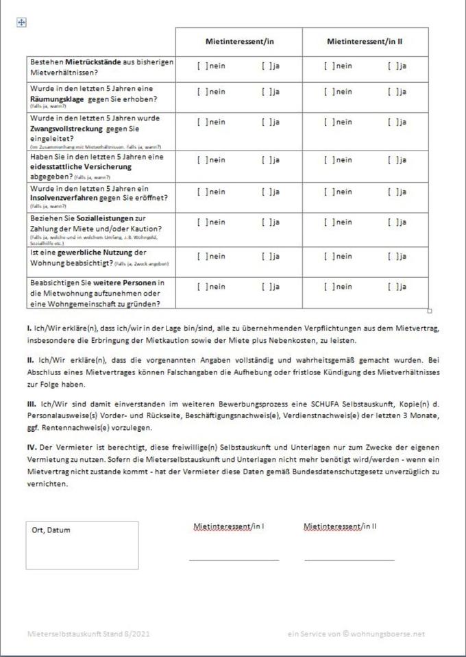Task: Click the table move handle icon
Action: click(21, 23)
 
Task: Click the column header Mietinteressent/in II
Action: click(365, 42)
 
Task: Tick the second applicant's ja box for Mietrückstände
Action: click(392, 66)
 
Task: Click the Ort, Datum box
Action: click(82, 545)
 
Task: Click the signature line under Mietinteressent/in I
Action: click(234, 559)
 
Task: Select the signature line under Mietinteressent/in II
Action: click(349, 559)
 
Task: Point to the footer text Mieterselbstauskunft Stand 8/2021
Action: click(88, 634)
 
